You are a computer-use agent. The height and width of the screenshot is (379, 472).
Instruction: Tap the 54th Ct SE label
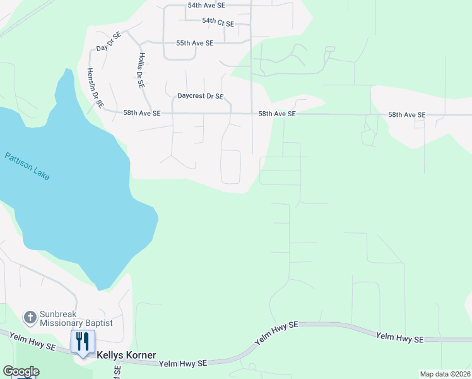click(x=218, y=22)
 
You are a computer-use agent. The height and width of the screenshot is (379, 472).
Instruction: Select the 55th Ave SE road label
click(x=194, y=43)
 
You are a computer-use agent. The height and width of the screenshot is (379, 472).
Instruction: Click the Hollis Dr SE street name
click(x=141, y=69)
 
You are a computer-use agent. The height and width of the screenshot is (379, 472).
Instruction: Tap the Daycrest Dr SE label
click(x=200, y=97)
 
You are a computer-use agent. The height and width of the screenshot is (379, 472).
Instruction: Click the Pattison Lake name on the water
click(x=27, y=166)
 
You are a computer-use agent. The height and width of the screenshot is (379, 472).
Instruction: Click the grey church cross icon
click(x=29, y=316)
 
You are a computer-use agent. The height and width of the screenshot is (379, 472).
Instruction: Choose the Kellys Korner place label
click(x=126, y=356)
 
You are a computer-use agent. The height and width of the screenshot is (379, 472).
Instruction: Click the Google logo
click(x=21, y=371)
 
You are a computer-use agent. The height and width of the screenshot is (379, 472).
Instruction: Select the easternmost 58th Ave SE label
click(x=407, y=115)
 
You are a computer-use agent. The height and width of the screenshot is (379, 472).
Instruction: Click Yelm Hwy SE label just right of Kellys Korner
click(x=183, y=364)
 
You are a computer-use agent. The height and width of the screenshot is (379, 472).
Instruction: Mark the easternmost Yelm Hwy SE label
click(x=399, y=338)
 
